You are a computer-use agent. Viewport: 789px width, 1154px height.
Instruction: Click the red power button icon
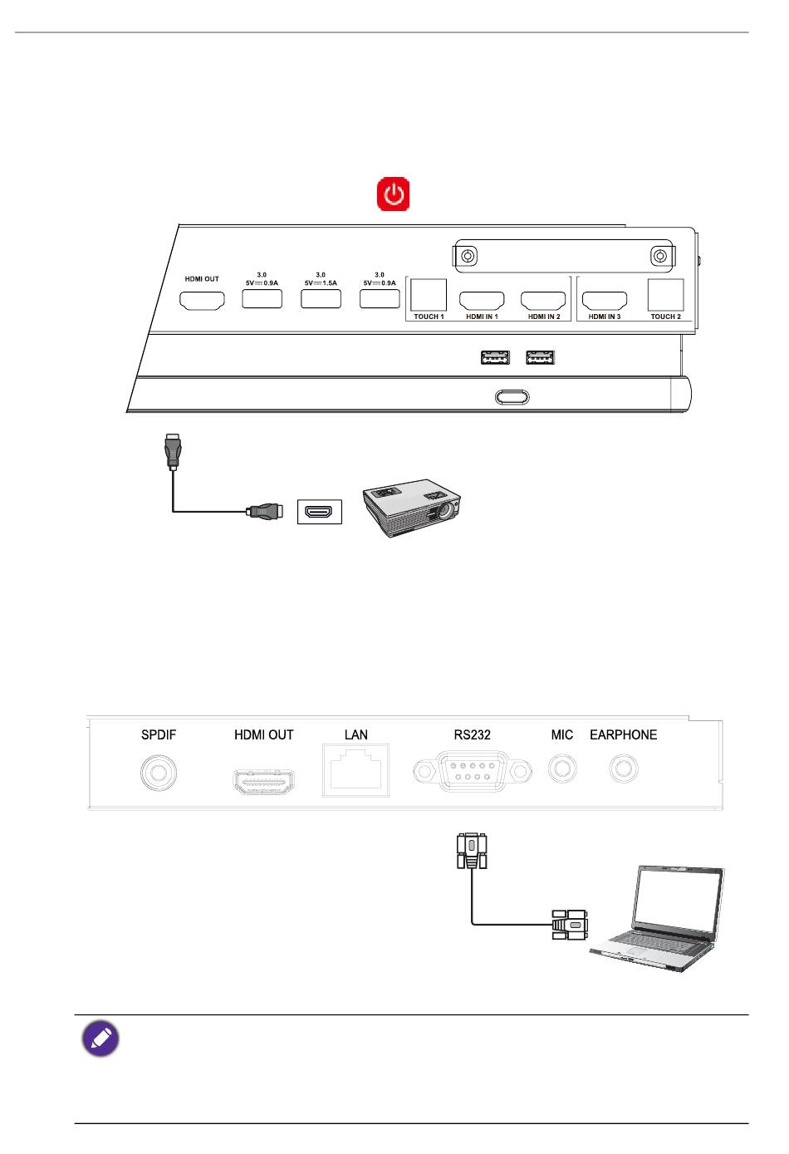pyautogui.click(x=394, y=194)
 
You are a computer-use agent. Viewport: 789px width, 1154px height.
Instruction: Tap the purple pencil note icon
pyautogui.click(x=100, y=1039)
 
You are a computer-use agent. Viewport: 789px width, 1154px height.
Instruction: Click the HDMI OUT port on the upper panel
pyautogui.click(x=202, y=300)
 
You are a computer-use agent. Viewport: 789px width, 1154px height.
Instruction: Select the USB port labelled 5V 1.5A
pyautogui.click(x=321, y=298)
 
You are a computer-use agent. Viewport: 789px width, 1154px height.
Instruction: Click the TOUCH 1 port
pyautogui.click(x=429, y=296)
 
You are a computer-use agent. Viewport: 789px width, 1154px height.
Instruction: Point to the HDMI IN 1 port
pyautogui.click(x=482, y=300)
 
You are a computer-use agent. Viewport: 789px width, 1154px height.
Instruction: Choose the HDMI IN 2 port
pyautogui.click(x=543, y=300)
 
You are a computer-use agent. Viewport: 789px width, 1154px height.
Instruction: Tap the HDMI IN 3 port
pyautogui.click(x=605, y=300)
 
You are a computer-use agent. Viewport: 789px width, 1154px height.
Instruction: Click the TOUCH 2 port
pyautogui.click(x=665, y=296)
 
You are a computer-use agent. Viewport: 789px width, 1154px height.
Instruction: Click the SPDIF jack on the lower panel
pyautogui.click(x=158, y=773)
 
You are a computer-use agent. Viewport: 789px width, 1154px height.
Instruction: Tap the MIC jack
pyautogui.click(x=562, y=769)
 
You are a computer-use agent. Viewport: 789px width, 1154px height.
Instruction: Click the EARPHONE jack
pyautogui.click(x=623, y=769)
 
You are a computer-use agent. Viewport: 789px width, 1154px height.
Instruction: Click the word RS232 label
pyautogui.click(x=472, y=734)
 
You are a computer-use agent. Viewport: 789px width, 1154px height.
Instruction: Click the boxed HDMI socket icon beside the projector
pyautogui.click(x=320, y=512)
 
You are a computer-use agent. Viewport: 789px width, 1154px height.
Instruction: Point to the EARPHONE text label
pyautogui.click(x=623, y=734)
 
